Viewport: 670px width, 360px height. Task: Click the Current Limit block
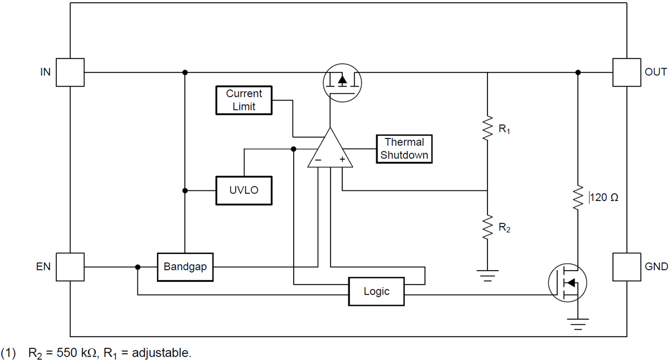[244, 100]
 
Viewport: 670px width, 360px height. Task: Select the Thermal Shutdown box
[404, 149]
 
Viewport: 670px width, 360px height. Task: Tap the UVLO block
[244, 191]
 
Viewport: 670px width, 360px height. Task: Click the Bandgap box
[185, 267]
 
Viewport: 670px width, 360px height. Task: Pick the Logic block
[376, 291]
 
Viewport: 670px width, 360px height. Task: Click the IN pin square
[70, 73]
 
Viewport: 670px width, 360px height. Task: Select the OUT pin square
[626, 73]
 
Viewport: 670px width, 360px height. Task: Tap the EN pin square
[70, 267]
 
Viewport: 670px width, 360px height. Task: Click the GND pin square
[626, 267]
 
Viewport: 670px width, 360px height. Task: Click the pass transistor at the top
[342, 81]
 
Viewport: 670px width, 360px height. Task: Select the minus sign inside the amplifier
[317, 160]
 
